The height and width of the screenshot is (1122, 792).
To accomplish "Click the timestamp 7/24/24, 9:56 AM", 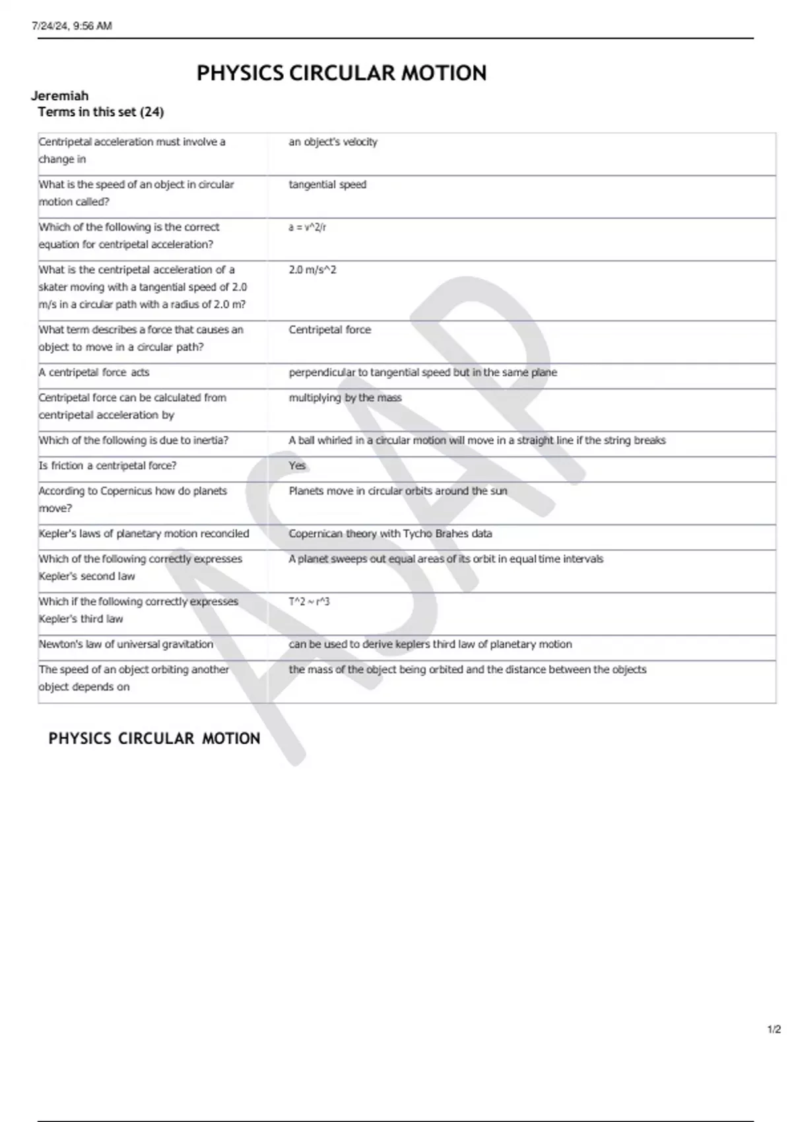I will point(72,26).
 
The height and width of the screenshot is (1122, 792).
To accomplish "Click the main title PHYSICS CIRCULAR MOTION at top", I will point(341,73).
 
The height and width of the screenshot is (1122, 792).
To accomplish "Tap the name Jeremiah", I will point(59,96).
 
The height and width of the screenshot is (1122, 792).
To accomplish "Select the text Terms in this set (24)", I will point(100,112).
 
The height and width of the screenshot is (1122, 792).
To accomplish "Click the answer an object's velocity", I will point(333,142).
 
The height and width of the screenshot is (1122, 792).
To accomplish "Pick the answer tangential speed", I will point(327,185).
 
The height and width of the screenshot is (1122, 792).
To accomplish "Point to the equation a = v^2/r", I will point(307,227).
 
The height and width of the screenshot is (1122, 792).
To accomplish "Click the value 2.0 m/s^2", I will point(312,270).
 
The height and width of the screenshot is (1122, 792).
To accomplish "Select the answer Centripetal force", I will point(329,330).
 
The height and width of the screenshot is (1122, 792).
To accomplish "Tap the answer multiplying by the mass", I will point(345,398).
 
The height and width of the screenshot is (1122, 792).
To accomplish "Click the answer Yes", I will point(297,466).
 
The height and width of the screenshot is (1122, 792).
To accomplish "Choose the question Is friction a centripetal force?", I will point(108,466).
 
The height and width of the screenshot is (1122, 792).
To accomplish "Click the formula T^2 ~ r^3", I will point(309,602).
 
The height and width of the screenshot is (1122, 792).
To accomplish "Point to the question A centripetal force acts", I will point(94,373).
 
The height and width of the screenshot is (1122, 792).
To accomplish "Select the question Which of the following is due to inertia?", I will point(133,440).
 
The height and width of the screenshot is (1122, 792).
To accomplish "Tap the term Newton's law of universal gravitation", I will point(125,644).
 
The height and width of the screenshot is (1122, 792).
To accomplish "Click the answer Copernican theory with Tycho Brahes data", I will point(390,534).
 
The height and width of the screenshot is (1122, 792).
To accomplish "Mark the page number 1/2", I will point(774,1030).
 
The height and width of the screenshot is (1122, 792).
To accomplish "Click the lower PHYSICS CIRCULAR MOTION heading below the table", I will point(154,739).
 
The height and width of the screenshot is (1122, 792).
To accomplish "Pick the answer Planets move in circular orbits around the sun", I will point(397,491).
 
